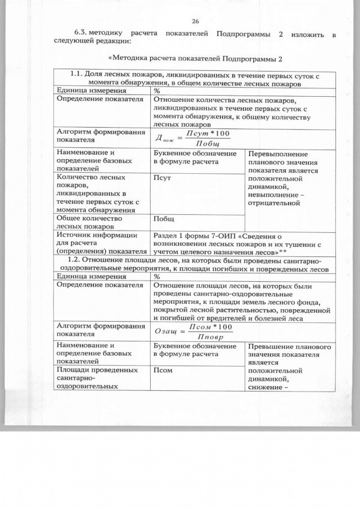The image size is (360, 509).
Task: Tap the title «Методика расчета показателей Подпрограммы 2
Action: [x=194, y=58]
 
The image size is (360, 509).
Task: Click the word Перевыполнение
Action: [x=278, y=154]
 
